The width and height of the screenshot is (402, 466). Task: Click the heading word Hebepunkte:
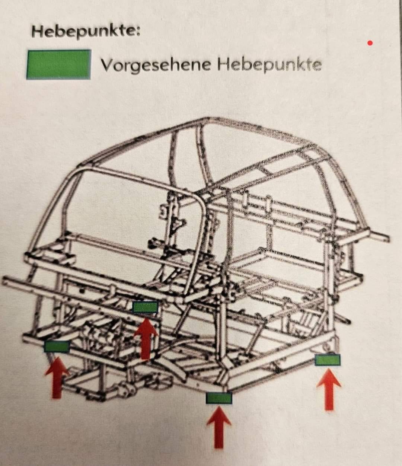click(86, 31)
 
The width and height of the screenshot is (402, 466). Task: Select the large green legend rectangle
click(58, 64)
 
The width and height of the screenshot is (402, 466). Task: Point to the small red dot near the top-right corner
click(370, 43)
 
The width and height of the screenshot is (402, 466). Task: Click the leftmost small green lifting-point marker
click(57, 346)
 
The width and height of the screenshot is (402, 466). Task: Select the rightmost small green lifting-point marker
click(328, 360)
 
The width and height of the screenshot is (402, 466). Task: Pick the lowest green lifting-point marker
click(219, 398)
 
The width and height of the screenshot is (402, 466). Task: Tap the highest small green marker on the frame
click(144, 307)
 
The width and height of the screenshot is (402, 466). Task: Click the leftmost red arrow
click(57, 378)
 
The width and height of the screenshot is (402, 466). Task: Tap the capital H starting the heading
click(37, 31)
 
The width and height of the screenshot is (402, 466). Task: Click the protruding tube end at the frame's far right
click(386, 237)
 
